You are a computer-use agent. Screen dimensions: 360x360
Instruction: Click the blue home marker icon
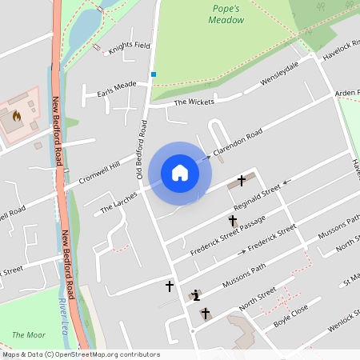pyautogui.click(x=180, y=173)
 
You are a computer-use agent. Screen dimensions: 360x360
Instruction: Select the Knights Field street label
pyautogui.click(x=130, y=46)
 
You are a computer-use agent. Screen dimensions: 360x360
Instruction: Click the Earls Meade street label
pyautogui.click(x=117, y=83)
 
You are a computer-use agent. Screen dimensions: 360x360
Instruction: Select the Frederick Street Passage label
pyautogui.click(x=227, y=236)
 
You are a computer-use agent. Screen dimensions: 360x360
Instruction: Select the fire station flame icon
pyautogui.click(x=17, y=115)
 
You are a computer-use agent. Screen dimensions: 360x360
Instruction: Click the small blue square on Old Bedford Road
pyautogui.click(x=153, y=75)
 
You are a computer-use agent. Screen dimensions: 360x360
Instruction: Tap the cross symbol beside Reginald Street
pyautogui.click(x=241, y=182)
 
